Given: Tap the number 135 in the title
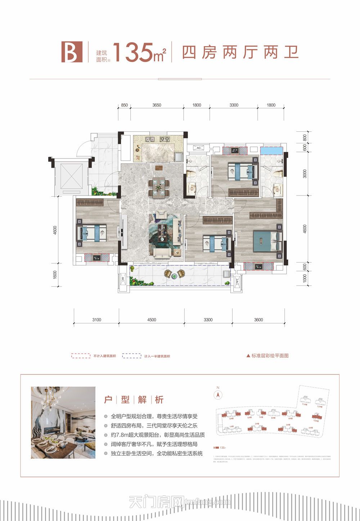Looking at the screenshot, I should point(132,53).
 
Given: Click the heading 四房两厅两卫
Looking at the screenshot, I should point(240,53).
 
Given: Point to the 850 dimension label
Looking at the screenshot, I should point(124,105).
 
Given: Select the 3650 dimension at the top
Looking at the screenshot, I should point(157,105).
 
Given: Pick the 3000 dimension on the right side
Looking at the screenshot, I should point(305,174).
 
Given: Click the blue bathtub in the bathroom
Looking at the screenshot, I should point(271,151).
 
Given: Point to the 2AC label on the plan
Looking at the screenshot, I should point(237,282).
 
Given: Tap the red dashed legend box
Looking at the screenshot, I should point(81,356).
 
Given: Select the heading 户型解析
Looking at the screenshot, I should point(134,400).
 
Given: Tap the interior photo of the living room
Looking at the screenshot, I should point(63,422).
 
